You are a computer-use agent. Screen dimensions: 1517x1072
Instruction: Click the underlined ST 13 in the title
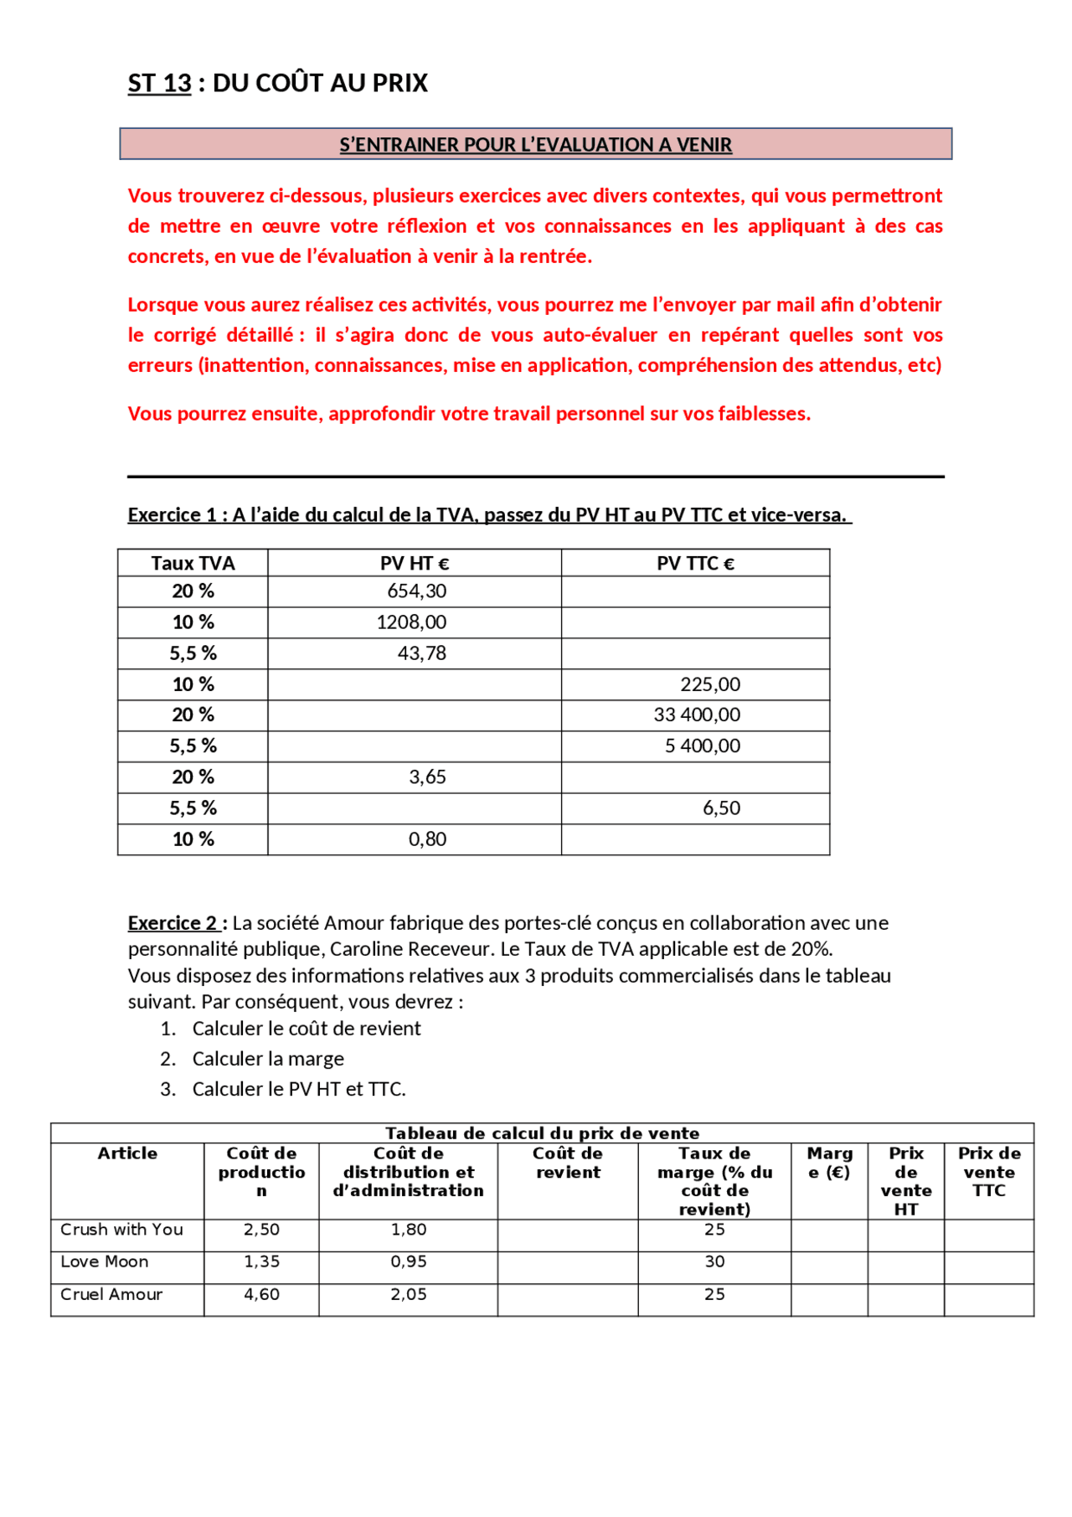tap(159, 83)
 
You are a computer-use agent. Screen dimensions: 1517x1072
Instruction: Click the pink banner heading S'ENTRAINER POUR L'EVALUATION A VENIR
tap(535, 144)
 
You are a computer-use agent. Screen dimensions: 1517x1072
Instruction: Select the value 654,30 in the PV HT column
tap(416, 591)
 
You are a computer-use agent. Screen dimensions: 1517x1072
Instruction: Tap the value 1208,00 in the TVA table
tap(411, 622)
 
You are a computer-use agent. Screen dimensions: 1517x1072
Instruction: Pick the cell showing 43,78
tap(421, 653)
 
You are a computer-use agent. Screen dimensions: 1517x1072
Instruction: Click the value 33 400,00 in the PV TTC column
tap(697, 715)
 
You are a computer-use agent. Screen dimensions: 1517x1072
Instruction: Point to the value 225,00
tap(710, 684)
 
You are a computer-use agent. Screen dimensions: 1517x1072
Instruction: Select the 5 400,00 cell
tap(703, 746)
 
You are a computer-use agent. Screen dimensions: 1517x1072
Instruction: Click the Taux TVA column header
tap(193, 563)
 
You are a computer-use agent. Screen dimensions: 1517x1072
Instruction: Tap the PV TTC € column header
tap(695, 563)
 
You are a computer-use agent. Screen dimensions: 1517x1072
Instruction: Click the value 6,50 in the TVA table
tap(721, 808)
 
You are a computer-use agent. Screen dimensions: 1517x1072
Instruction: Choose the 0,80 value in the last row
tap(427, 838)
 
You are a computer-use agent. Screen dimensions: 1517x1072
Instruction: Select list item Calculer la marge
tap(268, 1058)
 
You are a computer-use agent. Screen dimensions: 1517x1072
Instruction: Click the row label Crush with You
tap(121, 1229)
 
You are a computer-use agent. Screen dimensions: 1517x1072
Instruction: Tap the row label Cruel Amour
tap(111, 1293)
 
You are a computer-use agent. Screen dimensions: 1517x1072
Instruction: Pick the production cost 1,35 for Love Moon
tap(261, 1261)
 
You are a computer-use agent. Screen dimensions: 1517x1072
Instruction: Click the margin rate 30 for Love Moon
tap(714, 1261)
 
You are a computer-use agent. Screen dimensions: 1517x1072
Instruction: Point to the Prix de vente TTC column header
tap(988, 1171)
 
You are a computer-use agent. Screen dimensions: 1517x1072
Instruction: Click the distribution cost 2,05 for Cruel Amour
tap(408, 1293)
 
